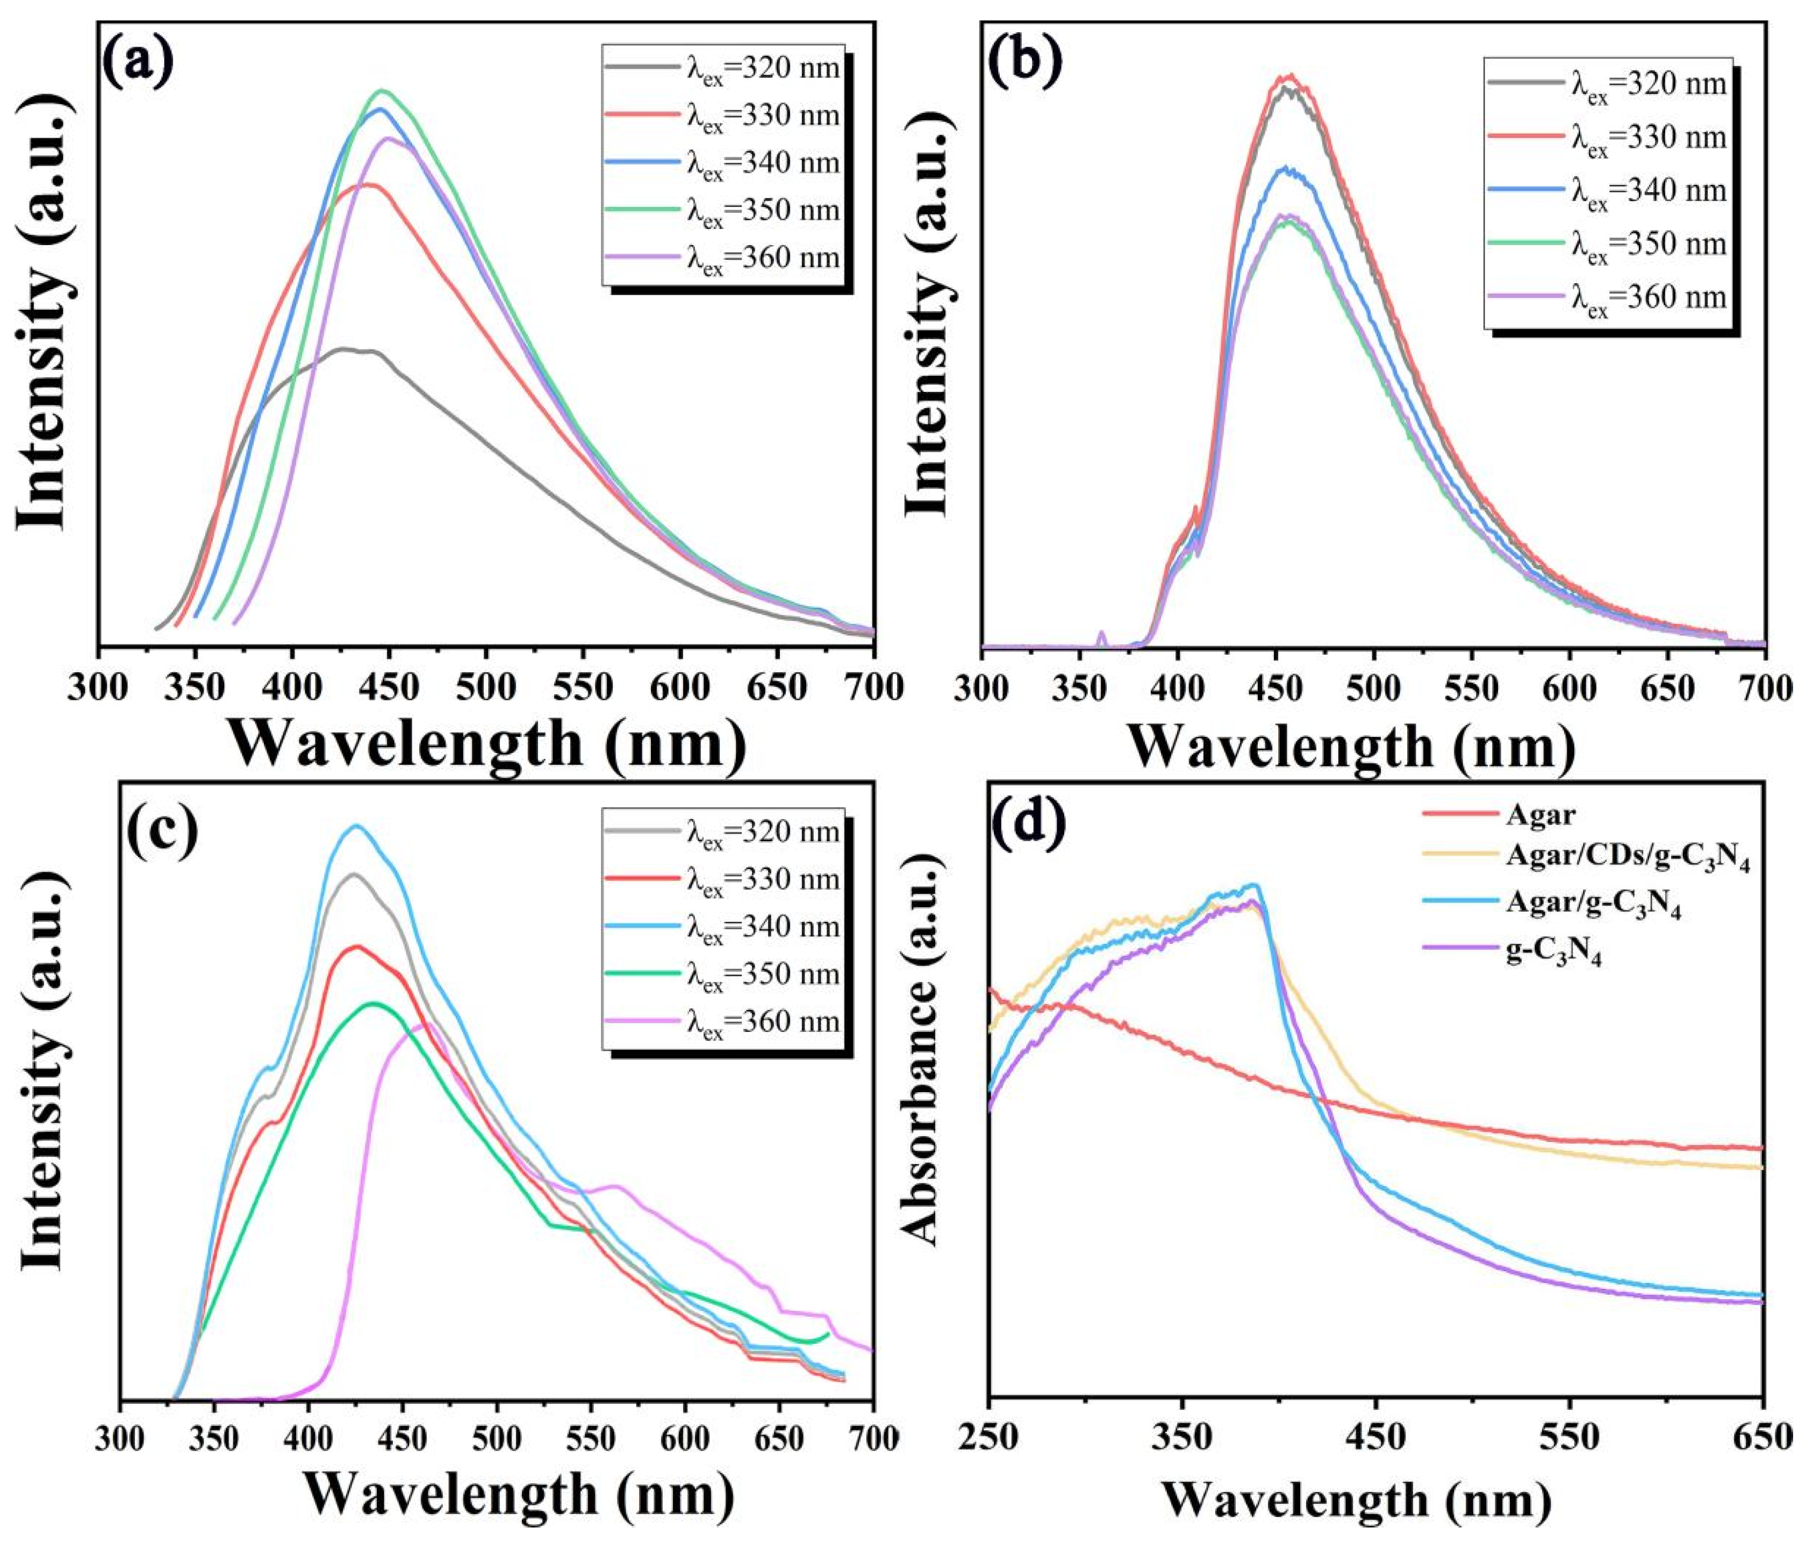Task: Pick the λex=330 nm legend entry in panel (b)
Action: pyautogui.click(x=1648, y=138)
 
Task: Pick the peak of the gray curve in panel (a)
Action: pyautogui.click(x=345, y=349)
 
